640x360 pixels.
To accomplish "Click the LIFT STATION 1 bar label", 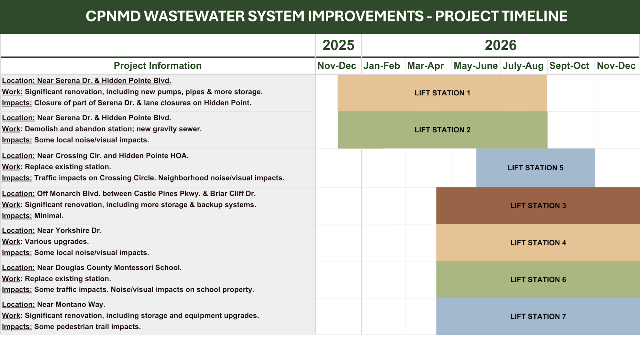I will pos(442,93).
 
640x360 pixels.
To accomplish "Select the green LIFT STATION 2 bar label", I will pos(442,130).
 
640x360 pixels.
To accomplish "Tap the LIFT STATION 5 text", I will pos(535,168).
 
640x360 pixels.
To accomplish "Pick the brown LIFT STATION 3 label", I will pos(538,206).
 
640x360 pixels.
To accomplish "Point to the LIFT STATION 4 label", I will pos(538,243).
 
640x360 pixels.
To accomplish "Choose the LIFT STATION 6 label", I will pos(538,280).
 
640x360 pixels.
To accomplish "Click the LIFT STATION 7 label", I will pos(538,316).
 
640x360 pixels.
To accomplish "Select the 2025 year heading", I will pos(338,45).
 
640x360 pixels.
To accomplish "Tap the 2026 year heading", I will pos(500,45).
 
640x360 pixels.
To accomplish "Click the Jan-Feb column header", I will pos(381,66).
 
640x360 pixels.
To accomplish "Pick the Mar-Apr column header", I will pos(425,66).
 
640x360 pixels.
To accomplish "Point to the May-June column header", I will pos(476,66).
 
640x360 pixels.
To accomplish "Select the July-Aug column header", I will pos(523,66).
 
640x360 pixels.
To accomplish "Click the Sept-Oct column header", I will pos(569,66).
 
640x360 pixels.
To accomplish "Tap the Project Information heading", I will pos(157,66).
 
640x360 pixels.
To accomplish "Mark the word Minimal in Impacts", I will pos(49,216).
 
